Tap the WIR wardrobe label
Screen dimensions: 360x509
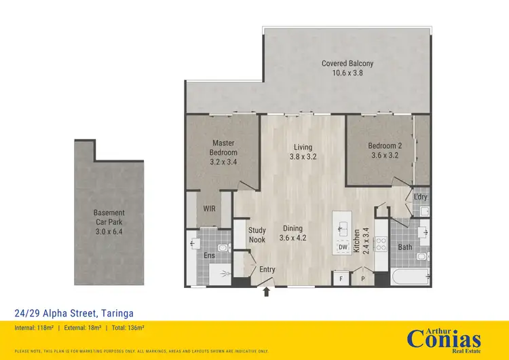point(209,209)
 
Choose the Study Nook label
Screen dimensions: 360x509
point(257,234)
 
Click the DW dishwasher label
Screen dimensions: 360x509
point(343,247)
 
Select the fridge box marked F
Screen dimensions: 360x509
point(341,278)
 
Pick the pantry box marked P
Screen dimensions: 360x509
point(363,278)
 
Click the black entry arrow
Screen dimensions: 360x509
point(266,291)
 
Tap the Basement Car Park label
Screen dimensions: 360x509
point(109,217)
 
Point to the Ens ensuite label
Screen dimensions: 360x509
point(209,255)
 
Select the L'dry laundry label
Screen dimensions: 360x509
point(420,197)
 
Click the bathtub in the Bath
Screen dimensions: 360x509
point(409,277)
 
